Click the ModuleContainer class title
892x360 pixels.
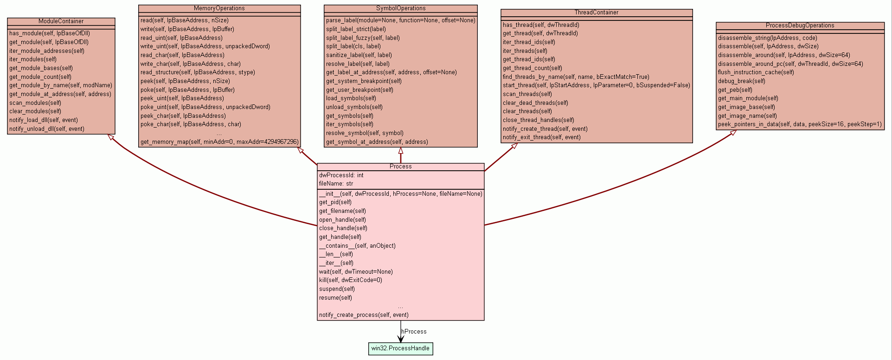(61, 21)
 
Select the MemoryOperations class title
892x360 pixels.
(219, 8)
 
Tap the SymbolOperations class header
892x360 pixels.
(400, 8)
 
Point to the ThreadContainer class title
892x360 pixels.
(596, 13)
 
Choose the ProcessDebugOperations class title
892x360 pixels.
(800, 26)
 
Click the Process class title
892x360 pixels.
(400, 167)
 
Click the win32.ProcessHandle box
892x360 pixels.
(400, 348)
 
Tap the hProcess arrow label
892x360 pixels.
(414, 332)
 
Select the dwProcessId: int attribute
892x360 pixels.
(341, 175)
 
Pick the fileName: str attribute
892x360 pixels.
(336, 184)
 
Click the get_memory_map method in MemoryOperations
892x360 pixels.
(219, 142)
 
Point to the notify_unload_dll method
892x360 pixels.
(47, 129)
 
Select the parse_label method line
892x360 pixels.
(400, 20)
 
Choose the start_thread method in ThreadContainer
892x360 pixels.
(596, 85)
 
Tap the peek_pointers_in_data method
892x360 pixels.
(800, 124)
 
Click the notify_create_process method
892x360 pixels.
(364, 315)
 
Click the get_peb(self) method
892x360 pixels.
(735, 90)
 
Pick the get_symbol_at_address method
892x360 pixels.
(377, 142)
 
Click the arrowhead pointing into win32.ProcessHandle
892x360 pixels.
(400, 339)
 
